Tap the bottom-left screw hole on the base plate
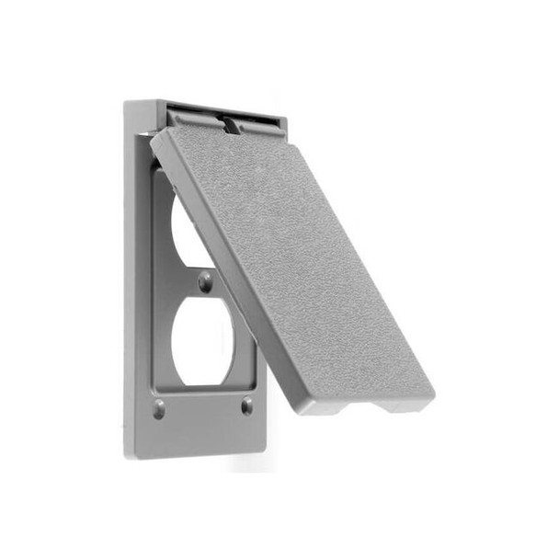(x=159, y=408)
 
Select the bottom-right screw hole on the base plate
(x=246, y=405)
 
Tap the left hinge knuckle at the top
(x=190, y=118)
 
